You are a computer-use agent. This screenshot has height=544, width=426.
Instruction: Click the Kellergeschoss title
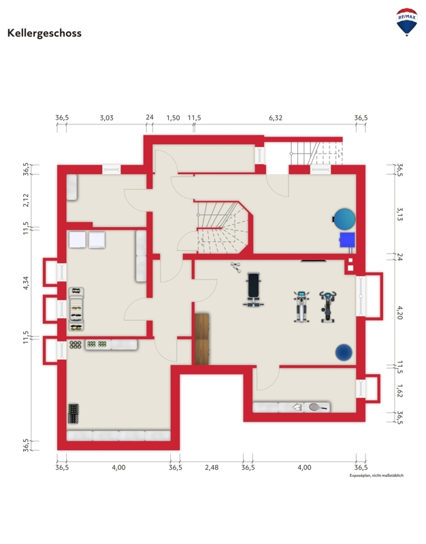coord(44,33)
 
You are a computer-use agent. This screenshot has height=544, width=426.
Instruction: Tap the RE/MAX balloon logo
coord(406,22)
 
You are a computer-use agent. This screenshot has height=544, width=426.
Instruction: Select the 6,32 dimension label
coord(276,118)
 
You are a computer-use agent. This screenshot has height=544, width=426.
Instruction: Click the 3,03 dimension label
coord(107,118)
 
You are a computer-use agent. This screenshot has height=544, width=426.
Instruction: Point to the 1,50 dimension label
coord(173,118)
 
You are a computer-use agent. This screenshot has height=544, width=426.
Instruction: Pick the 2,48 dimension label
coord(212,468)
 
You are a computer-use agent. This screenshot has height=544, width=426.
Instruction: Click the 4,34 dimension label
coord(26,283)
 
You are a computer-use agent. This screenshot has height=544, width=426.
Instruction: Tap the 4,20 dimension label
coord(400,313)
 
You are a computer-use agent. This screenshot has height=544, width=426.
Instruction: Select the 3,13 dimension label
coord(400,214)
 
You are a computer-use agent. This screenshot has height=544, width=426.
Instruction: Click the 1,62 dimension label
coord(400,391)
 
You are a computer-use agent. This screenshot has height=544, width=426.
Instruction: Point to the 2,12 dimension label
coord(26,200)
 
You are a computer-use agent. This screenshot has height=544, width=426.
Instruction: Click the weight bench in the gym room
coord(253,290)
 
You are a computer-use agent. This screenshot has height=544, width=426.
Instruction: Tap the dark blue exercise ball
coord(344,352)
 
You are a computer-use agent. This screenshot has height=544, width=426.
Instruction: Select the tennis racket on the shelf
coord(318,407)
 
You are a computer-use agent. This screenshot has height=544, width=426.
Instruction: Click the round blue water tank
coord(344,219)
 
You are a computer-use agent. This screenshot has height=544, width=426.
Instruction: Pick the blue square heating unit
coord(347,240)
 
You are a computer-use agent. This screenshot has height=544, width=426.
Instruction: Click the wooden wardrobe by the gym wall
coord(201,339)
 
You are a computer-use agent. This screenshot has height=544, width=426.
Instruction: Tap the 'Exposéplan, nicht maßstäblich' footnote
coord(376,475)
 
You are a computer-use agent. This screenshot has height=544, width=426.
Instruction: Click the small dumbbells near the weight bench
coord(235,267)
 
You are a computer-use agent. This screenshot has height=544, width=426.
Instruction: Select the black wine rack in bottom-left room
coord(73,413)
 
